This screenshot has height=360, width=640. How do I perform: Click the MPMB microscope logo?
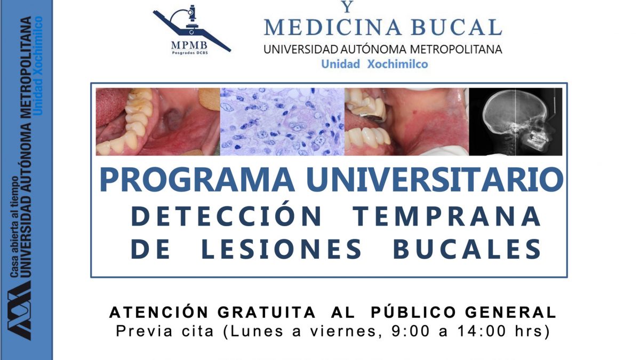coord(191,30)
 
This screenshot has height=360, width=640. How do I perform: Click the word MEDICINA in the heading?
coord(333,27)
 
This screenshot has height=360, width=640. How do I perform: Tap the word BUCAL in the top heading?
coord(457,27)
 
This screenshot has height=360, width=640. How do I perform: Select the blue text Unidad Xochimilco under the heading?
coord(374,64)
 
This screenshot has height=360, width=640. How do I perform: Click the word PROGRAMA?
coord(197,180)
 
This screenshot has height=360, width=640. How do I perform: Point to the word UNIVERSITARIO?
coord(435,180)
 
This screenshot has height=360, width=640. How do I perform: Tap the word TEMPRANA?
coord(446,216)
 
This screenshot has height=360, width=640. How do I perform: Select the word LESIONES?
coord(282,249)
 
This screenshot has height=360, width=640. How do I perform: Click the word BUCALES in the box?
coord(467,249)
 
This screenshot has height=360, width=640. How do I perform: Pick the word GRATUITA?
coord(267,313)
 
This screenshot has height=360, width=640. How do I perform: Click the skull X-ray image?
coord(515,122)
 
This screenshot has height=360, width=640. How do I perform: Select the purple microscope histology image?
coord(282,122)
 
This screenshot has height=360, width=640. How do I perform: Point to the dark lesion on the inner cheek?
coord(173,119)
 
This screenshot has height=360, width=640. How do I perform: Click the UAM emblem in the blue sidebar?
coord(19,310)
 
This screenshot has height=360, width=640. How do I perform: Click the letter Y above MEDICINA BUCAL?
coord(347,6)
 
